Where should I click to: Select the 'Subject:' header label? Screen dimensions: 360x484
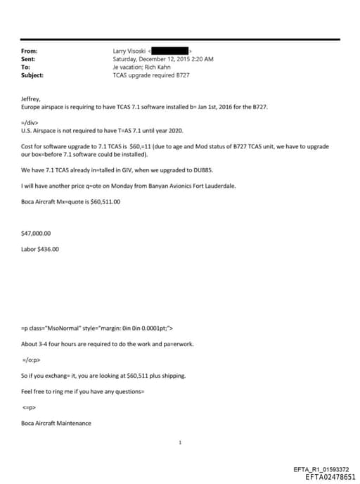[32, 75]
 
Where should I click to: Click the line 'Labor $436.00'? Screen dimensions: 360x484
[40, 248]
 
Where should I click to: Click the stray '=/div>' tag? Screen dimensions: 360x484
[30, 122]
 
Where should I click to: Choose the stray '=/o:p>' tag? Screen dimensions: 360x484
[30, 359]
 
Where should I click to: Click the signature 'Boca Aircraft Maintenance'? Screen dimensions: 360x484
[56, 423]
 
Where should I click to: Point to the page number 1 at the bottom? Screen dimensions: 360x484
[180, 443]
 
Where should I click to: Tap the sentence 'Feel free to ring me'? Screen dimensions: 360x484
[58, 391]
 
